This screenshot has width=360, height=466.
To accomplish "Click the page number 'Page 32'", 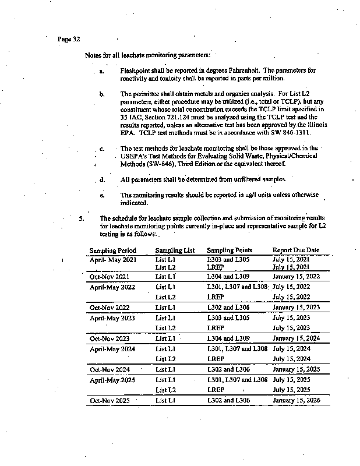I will click(69, 39).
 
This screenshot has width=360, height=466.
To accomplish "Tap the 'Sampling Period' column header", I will click(112, 250).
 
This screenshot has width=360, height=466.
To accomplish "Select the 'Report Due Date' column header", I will click(296, 250).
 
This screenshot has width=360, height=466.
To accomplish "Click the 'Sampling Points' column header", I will click(230, 250).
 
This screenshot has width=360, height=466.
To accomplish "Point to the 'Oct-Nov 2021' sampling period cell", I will click(109, 277).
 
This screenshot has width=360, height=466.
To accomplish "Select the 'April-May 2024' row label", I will click(112, 349).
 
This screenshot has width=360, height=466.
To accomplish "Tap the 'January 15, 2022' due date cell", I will click(297, 277).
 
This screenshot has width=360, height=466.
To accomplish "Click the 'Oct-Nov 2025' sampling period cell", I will click(109, 401).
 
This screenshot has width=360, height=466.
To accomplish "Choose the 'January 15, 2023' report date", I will click(297, 307).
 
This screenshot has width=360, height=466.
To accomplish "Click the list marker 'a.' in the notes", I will click(101, 71).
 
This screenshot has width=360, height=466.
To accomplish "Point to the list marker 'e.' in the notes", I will click(101, 195).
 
